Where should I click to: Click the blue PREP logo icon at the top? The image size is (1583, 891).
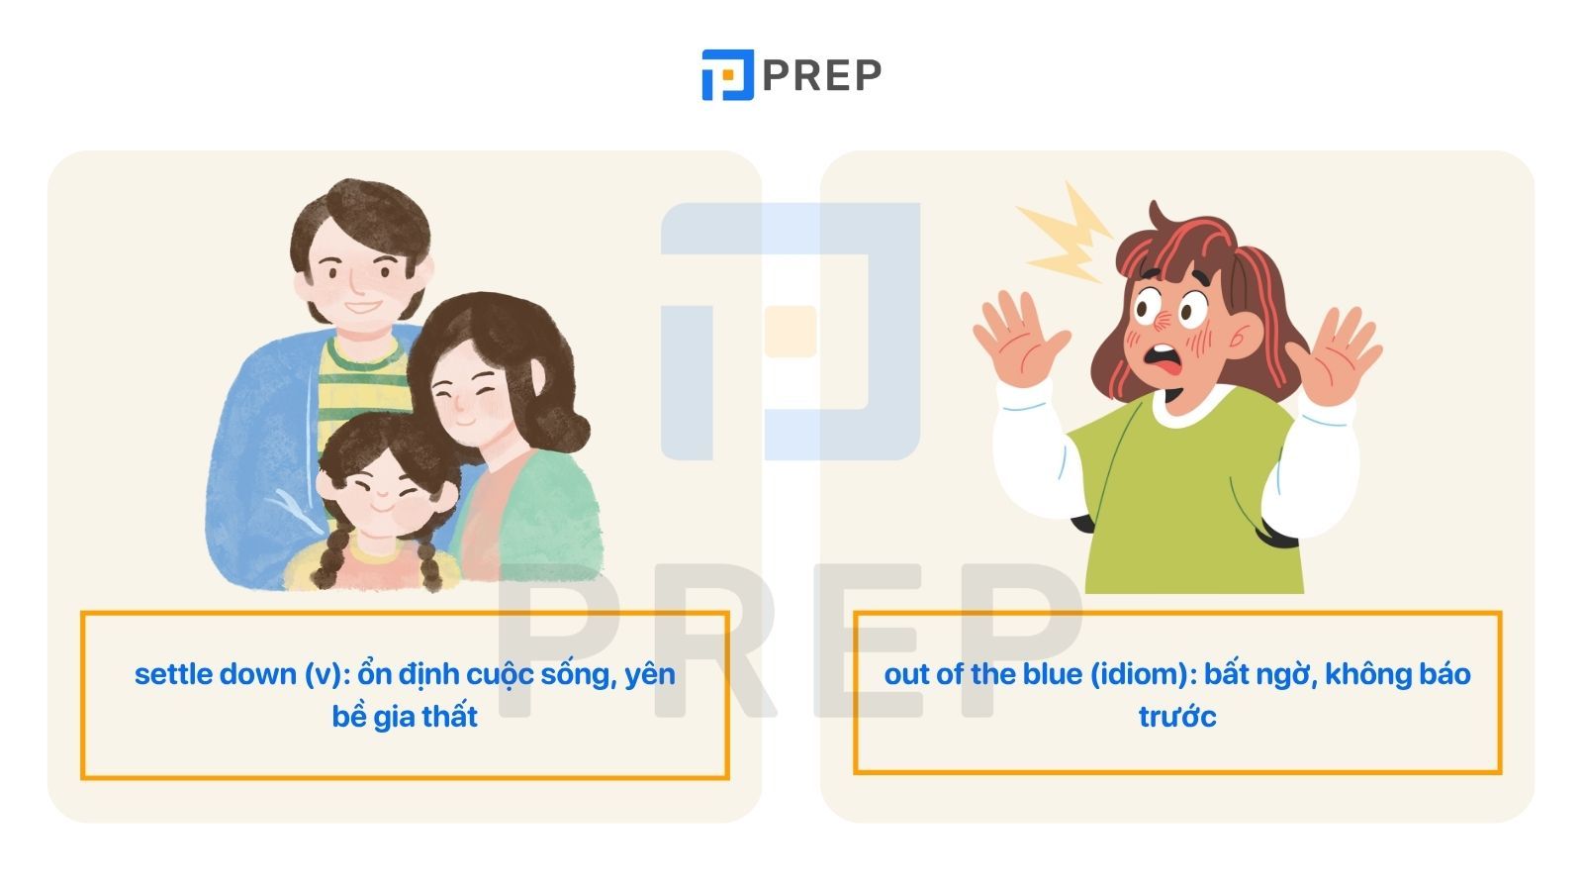click(727, 75)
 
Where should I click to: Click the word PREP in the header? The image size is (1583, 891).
click(822, 75)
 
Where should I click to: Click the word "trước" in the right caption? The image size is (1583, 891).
click(1177, 717)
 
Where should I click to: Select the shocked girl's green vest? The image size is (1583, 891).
click(1187, 495)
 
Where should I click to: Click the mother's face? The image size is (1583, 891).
click(470, 397)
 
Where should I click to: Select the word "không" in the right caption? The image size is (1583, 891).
click(1366, 675)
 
